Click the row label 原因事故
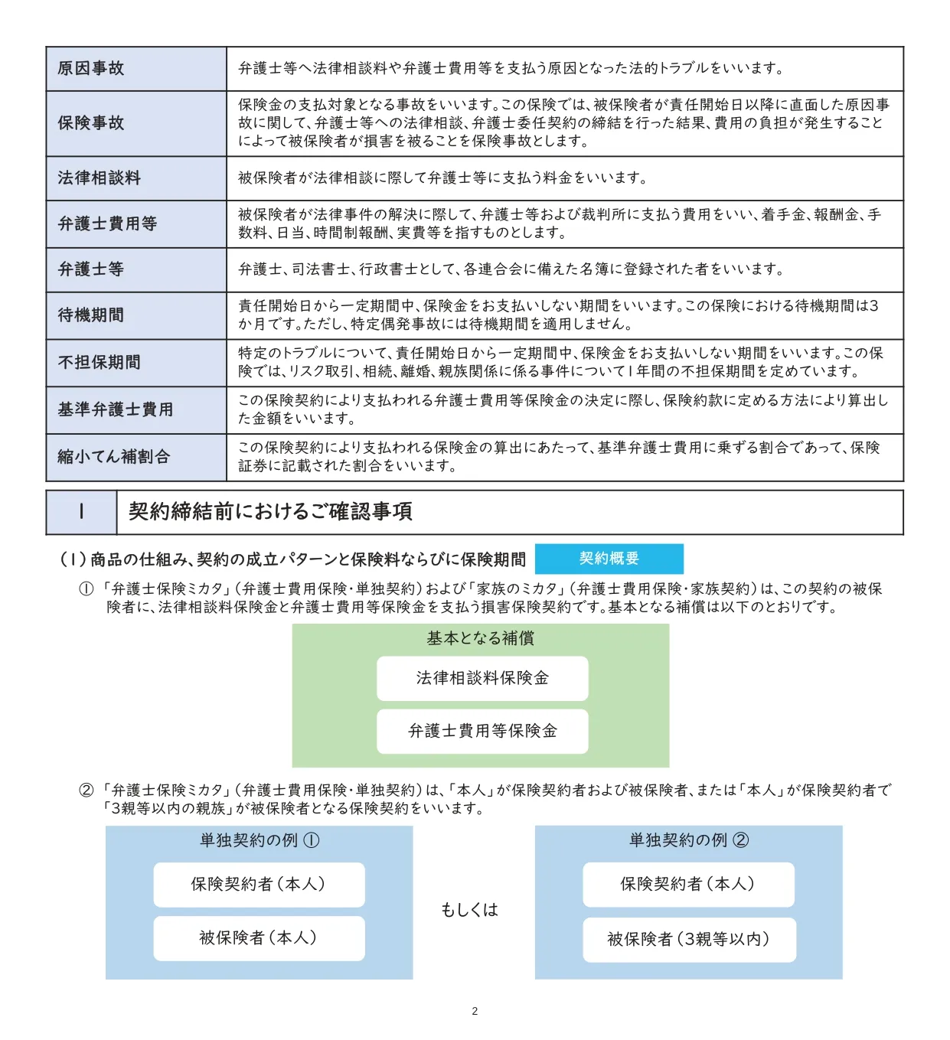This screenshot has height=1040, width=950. pos(91,69)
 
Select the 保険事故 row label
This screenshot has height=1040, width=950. pos(91,123)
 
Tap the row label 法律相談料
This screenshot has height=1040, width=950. pos(100,178)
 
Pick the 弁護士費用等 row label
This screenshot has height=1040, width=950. pos(108,224)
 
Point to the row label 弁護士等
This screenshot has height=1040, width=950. pos(91,269)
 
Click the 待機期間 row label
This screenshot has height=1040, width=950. pos(91,315)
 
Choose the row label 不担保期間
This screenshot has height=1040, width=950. pos(100,363)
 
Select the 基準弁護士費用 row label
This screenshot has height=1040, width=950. pos(116,410)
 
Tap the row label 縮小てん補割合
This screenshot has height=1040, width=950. pos(114,457)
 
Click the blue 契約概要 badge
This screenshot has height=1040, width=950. pos(609,559)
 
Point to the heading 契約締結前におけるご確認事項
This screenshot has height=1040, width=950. pos(270,512)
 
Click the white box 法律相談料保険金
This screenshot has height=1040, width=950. pos(482,678)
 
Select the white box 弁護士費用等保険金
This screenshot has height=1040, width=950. pos(482,732)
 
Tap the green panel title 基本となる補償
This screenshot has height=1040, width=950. pos(481,638)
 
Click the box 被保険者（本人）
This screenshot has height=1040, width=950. pos(259,938)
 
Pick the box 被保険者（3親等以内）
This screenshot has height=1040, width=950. pos(689,940)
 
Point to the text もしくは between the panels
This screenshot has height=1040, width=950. pos(469,910)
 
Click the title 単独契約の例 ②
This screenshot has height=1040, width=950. pos(689,840)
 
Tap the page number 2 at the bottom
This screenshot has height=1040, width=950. pos(475,1011)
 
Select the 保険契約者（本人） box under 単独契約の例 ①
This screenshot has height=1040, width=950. pos(259,885)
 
